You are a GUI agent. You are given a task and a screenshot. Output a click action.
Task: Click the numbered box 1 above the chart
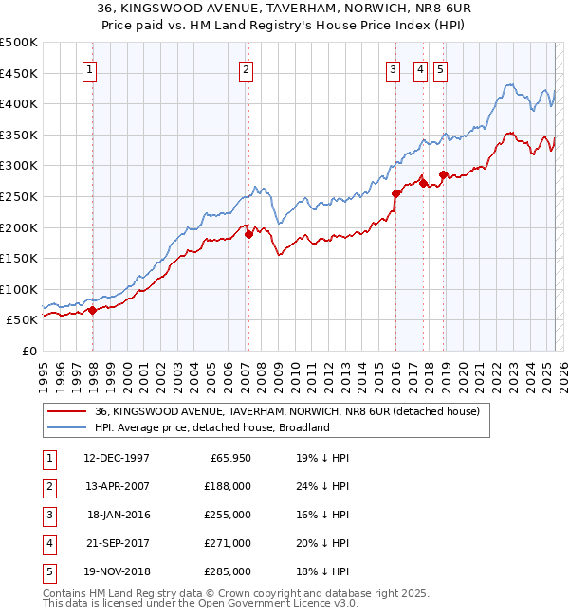coord(88,68)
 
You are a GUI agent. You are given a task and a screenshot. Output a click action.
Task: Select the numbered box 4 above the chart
coord(419,68)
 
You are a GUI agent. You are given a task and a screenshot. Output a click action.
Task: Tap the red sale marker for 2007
coord(248,234)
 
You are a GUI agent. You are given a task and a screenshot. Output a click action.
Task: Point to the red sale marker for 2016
coord(395,193)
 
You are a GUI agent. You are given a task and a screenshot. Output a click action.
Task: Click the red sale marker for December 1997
coord(92,310)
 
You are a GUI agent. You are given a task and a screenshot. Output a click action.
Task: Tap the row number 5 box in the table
coord(47,571)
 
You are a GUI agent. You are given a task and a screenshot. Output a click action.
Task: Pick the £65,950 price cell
coord(229,458)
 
